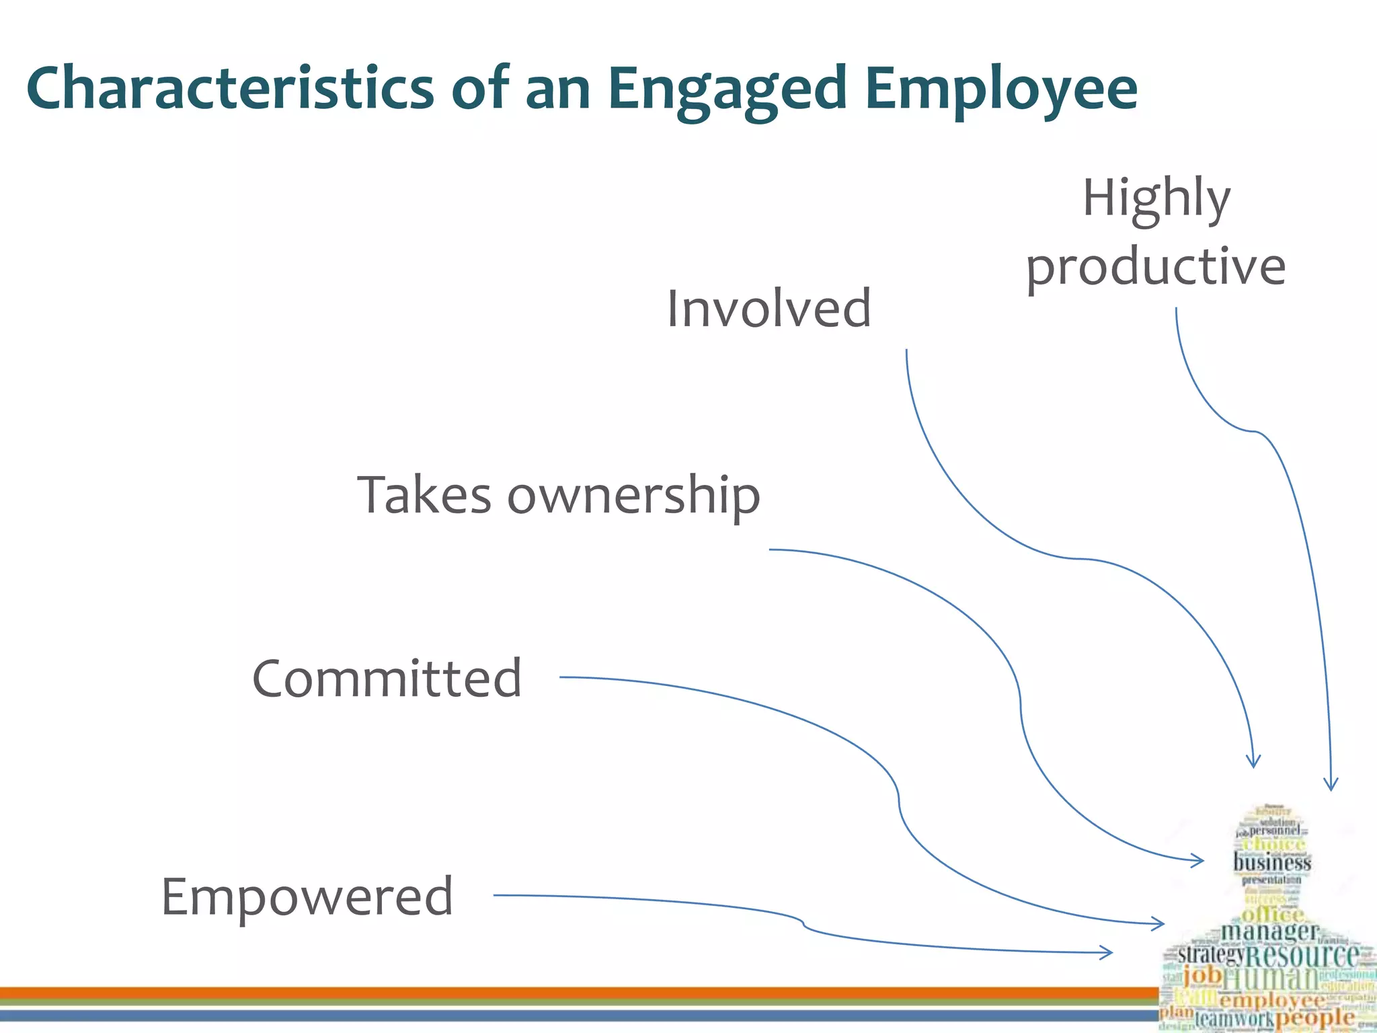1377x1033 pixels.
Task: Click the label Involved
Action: tap(769, 308)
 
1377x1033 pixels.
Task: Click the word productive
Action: tap(1156, 267)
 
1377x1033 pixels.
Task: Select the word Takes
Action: tap(424, 495)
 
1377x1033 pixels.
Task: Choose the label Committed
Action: tap(387, 678)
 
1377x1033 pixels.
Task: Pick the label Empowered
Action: tap(308, 896)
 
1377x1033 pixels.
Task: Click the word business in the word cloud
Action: tap(1272, 862)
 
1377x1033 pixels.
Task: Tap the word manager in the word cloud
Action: tap(1269, 931)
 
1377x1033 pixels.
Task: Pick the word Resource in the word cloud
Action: tap(1303, 955)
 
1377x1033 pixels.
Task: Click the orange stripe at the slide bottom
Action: tap(578, 993)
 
